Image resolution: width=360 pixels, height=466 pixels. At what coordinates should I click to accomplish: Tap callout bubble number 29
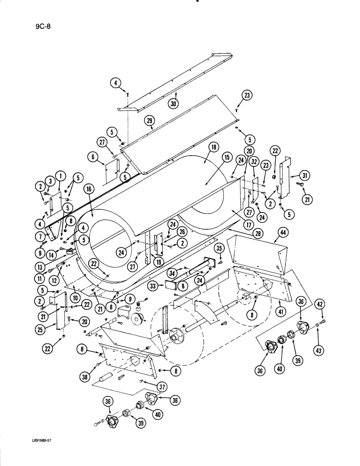tap(149, 121)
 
